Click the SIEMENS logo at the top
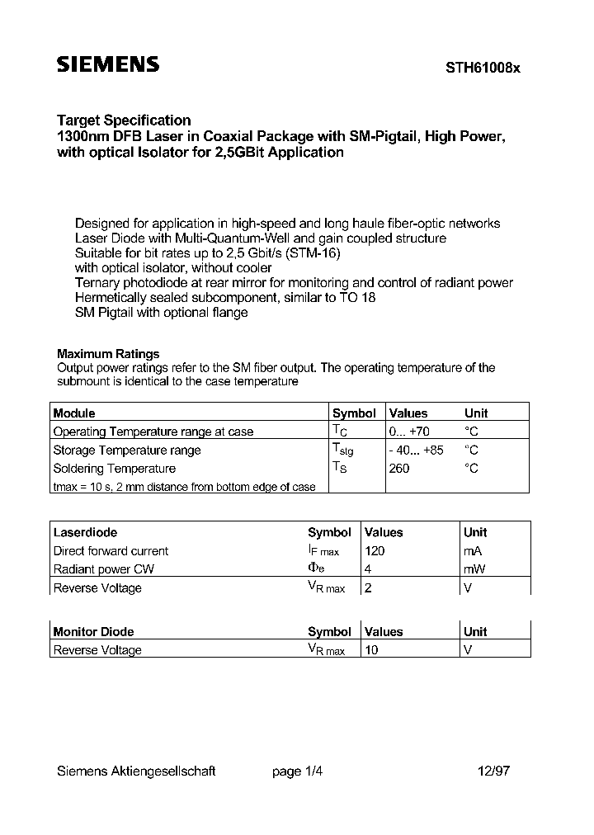click(108, 66)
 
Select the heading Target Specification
click(124, 120)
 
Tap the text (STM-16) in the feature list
click(311, 253)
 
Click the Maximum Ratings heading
click(108, 354)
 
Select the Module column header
click(74, 413)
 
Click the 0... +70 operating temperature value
click(409, 431)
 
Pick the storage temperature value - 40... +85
click(416, 450)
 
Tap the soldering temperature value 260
click(398, 469)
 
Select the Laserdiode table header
click(85, 532)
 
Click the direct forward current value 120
click(375, 550)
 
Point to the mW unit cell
click(475, 569)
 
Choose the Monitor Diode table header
click(93, 631)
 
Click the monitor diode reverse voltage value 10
click(371, 650)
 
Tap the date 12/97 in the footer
click(493, 771)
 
